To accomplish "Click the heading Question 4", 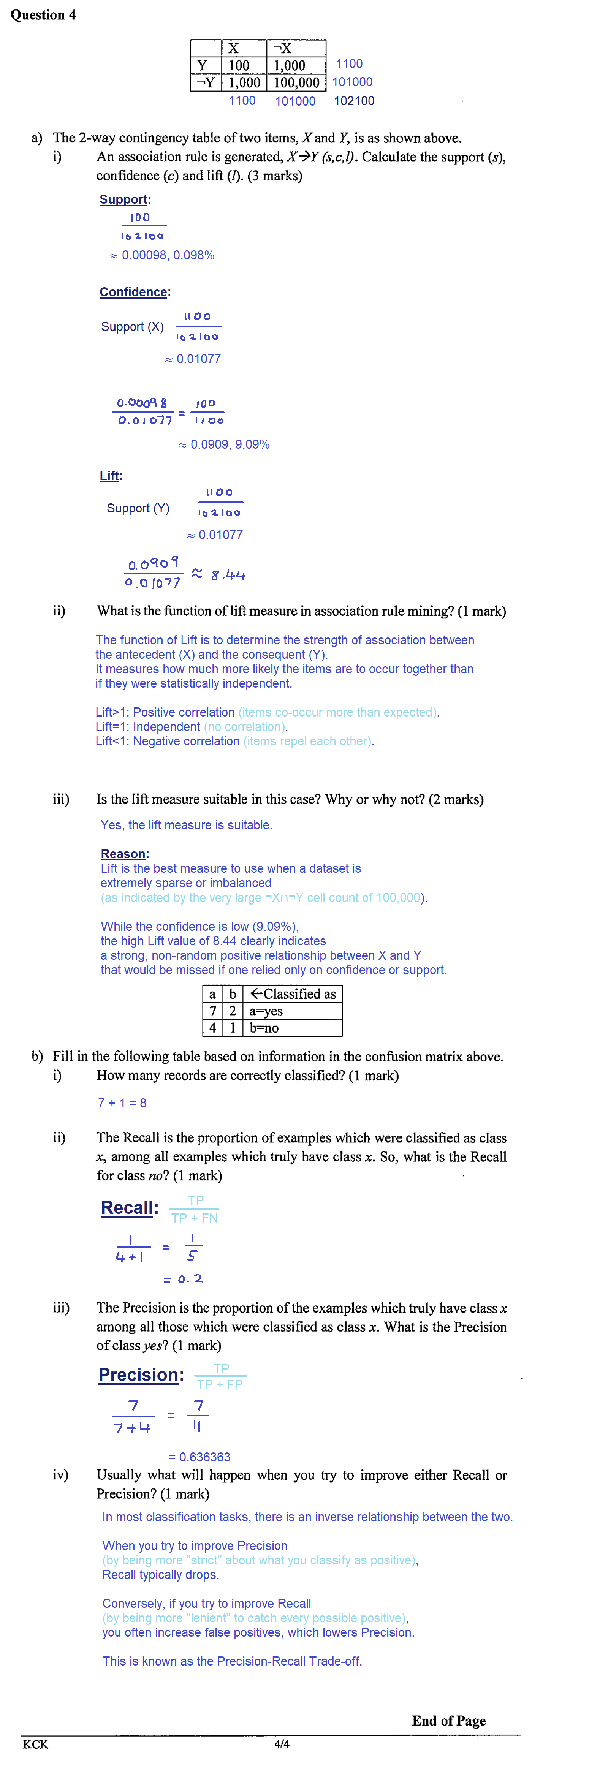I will pyautogui.click(x=43, y=14).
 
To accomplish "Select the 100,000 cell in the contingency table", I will pyautogui.click(x=296, y=83).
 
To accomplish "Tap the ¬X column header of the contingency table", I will pyautogui.click(x=282, y=48).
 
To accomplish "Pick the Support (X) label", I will pyautogui.click(x=132, y=326).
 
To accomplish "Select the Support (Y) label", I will pyautogui.click(x=138, y=508).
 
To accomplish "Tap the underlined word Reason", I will pyautogui.click(x=123, y=854).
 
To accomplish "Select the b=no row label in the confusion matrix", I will pyautogui.click(x=264, y=1028).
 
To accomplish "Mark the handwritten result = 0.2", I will pyautogui.click(x=183, y=1279).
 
